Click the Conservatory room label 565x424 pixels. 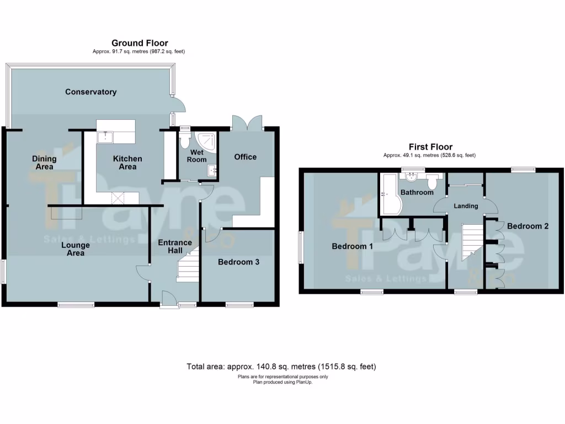click(x=90, y=92)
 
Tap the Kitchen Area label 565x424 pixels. click(x=127, y=162)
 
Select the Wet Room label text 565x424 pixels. click(x=197, y=156)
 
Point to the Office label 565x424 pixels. click(x=245, y=157)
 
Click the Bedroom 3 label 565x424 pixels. click(x=238, y=262)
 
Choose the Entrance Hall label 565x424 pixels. click(x=175, y=247)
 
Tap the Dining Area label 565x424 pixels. click(x=44, y=162)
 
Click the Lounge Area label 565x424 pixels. click(x=76, y=249)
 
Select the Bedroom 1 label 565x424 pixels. click(x=352, y=246)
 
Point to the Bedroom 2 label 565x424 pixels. click(x=527, y=226)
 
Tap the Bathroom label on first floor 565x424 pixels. click(x=417, y=193)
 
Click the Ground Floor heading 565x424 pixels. click(x=140, y=43)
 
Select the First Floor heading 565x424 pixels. click(x=430, y=147)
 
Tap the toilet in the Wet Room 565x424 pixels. click(x=185, y=141)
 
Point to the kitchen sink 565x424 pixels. click(x=105, y=137)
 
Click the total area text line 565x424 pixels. click(x=282, y=367)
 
